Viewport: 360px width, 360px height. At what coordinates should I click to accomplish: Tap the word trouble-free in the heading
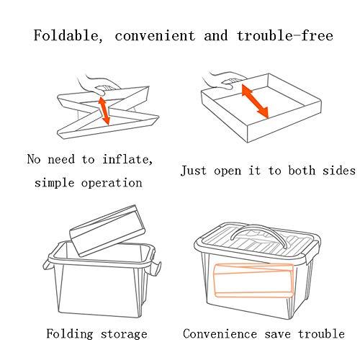(x=285, y=35)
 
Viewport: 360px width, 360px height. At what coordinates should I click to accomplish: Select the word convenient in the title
(x=155, y=36)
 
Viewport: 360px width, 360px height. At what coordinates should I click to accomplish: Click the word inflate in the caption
(x=127, y=159)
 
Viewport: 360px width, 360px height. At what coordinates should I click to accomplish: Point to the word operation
(x=112, y=183)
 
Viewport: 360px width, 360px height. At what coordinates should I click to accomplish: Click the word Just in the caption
(x=193, y=171)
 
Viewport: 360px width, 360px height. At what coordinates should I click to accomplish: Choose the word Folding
(x=70, y=334)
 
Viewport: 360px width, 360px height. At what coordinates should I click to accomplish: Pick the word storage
(x=124, y=335)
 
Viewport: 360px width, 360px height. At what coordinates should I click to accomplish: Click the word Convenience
(x=220, y=334)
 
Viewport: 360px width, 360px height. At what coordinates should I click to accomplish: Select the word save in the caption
(x=277, y=334)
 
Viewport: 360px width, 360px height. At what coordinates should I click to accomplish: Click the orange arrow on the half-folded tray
(x=104, y=111)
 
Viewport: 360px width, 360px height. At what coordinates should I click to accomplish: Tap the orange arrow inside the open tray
(x=255, y=102)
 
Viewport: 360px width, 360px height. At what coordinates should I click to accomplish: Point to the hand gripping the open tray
(x=222, y=81)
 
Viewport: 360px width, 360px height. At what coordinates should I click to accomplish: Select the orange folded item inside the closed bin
(x=253, y=280)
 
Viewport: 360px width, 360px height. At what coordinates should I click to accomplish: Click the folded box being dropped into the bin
(x=107, y=230)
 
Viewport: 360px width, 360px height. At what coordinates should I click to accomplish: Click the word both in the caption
(x=302, y=171)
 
